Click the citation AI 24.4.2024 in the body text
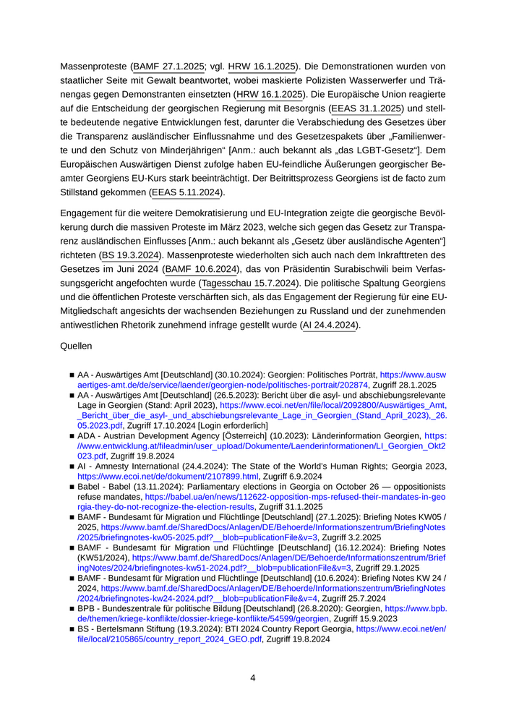point(329,325)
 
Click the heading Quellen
point(76,346)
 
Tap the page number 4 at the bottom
point(252,678)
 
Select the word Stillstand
point(83,192)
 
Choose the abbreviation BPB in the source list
point(87,610)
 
